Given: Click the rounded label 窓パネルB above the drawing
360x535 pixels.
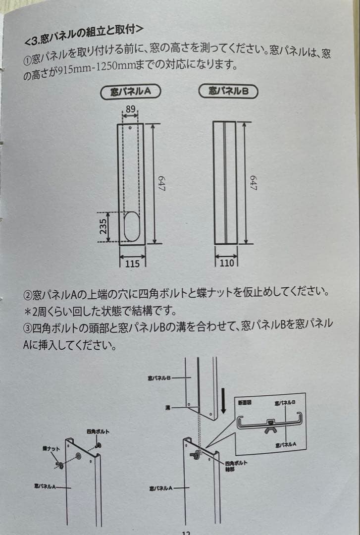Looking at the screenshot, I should tap(228, 91).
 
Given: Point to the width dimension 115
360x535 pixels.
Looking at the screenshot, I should tap(132, 264).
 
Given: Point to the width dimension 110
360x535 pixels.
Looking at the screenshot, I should tap(226, 263).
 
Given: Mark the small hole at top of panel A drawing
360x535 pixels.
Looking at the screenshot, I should tap(130, 128).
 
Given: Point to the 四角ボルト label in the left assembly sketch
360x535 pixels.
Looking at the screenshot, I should tap(98, 431).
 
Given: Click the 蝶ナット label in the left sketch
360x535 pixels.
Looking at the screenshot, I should tap(51, 449).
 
